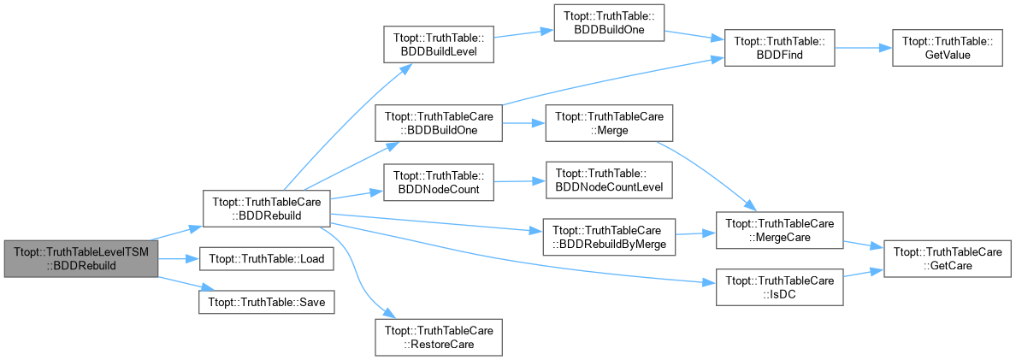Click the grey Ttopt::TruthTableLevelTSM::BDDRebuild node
(x=81, y=257)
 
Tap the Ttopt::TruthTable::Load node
(x=266, y=258)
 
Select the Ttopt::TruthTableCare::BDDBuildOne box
(x=439, y=122)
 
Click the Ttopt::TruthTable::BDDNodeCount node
(x=439, y=183)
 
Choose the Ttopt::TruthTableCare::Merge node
(x=610, y=122)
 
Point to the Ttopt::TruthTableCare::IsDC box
(x=779, y=286)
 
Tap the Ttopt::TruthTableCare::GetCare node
(x=948, y=259)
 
